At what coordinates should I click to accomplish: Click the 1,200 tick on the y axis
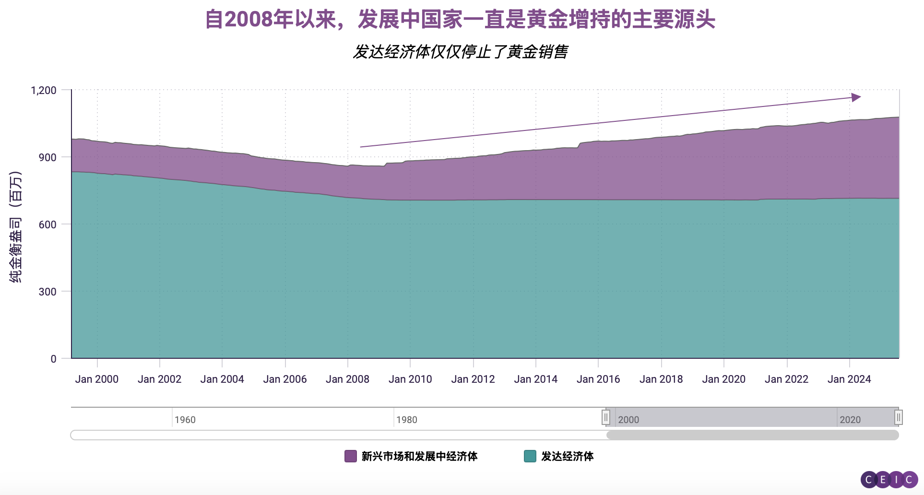point(44,90)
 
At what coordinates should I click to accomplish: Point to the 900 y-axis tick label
point(47,157)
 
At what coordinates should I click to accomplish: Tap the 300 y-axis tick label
point(47,292)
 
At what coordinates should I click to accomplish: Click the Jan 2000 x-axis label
point(97,379)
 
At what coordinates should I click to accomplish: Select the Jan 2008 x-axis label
point(347,379)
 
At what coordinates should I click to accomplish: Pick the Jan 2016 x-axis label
point(598,379)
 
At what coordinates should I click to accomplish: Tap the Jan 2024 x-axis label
point(849,379)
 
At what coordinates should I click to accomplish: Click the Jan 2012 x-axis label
point(473,379)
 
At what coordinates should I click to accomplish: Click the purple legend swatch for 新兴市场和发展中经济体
point(351,456)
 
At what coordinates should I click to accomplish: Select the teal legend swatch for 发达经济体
point(530,456)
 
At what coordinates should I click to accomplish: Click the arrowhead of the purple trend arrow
point(856,97)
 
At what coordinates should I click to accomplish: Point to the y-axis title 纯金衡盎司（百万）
point(15,226)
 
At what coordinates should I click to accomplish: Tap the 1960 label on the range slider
point(185,420)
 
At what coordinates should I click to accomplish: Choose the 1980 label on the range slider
point(407,420)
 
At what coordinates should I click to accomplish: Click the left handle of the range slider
point(606,417)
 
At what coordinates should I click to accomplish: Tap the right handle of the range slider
point(899,417)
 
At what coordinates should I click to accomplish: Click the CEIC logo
point(889,480)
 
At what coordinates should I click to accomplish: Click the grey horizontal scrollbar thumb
point(752,435)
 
